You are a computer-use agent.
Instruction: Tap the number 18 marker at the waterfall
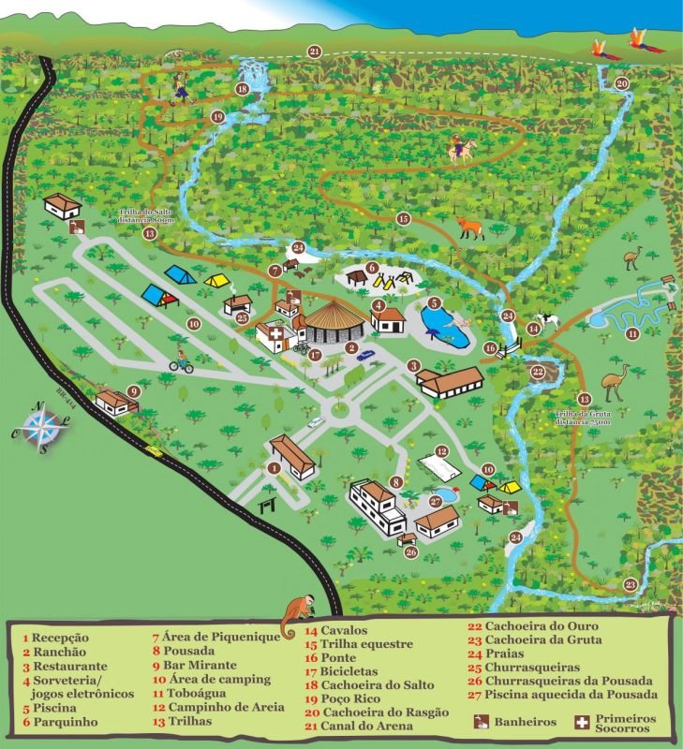coord(242,90)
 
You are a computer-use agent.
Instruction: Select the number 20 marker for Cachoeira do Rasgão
coord(621,83)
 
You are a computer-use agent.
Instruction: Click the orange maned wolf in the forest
coord(469,228)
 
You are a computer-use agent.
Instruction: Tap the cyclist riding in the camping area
coord(181,361)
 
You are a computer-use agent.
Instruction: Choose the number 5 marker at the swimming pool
coord(434,303)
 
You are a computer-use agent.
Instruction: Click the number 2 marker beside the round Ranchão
coord(351,348)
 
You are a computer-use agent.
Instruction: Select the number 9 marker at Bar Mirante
coord(134,391)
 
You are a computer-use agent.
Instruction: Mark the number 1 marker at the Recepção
coord(275,467)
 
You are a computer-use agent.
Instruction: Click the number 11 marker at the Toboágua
coord(632,333)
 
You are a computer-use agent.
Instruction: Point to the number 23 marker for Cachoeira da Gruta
coord(630,585)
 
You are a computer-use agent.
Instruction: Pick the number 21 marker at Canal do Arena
coord(314,51)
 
